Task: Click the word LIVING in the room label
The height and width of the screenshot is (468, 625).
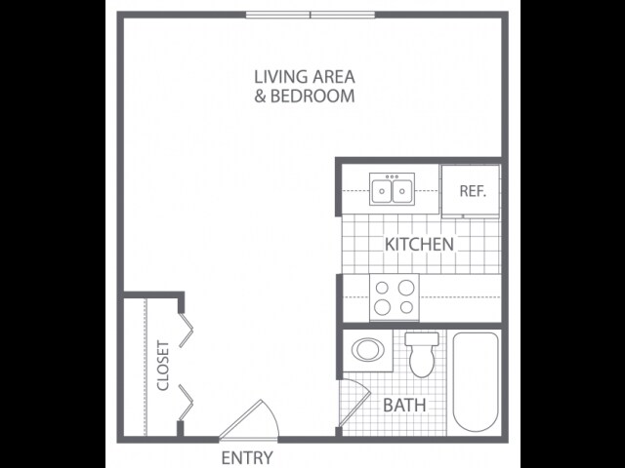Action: tap(276, 76)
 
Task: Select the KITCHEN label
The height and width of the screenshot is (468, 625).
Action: tap(419, 244)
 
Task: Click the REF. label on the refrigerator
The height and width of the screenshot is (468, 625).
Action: tap(472, 191)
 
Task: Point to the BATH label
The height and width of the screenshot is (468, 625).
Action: tap(403, 404)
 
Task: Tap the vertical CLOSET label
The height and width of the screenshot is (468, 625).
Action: tap(163, 366)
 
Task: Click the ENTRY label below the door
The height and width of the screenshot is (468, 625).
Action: tap(247, 458)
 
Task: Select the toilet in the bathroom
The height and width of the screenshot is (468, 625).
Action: tap(422, 360)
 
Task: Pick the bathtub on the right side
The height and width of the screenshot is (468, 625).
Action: tap(476, 382)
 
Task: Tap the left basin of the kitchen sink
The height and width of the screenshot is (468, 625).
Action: tap(381, 191)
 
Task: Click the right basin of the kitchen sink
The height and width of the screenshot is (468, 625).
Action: tap(401, 191)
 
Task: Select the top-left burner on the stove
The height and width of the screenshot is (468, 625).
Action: tap(382, 288)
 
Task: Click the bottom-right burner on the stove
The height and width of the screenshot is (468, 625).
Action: tap(405, 306)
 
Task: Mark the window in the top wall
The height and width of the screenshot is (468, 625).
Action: tap(311, 15)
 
